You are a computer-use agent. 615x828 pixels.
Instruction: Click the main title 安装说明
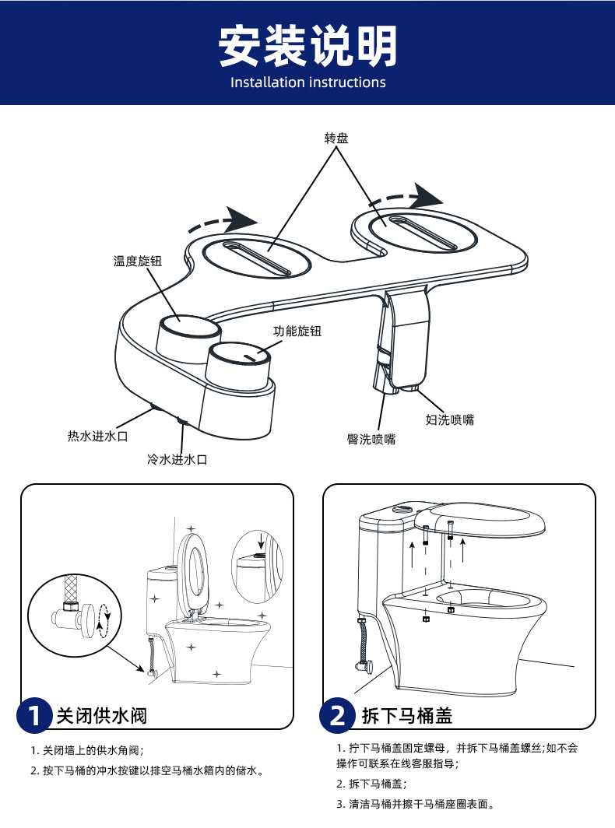click(x=307, y=46)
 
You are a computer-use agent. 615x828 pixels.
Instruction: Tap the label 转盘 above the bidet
click(x=336, y=139)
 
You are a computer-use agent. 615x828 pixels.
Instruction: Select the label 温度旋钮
click(x=138, y=261)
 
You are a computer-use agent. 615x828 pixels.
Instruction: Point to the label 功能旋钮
click(x=297, y=331)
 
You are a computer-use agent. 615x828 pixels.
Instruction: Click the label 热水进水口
click(x=97, y=436)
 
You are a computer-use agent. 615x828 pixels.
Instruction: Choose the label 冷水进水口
click(x=177, y=460)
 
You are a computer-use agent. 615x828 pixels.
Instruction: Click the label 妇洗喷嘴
click(x=450, y=420)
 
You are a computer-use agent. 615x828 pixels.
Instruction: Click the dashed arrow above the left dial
click(x=224, y=220)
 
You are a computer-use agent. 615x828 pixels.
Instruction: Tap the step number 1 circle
click(x=34, y=715)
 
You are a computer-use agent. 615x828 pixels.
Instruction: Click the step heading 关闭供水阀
click(x=101, y=715)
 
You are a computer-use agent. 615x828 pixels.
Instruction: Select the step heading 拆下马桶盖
click(x=407, y=715)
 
